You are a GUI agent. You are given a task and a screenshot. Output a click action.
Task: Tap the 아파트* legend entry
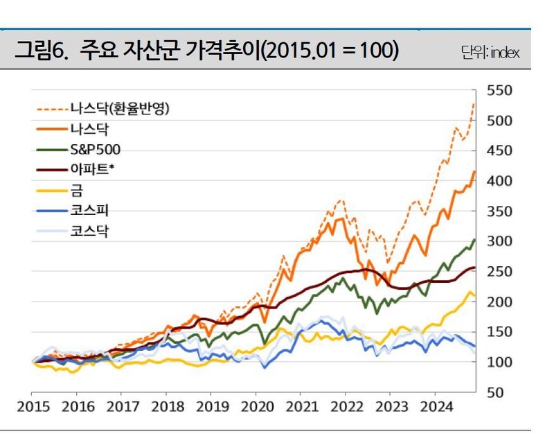pyautogui.click(x=92, y=169)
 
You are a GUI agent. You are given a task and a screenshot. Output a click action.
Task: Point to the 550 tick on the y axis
pyautogui.click(x=500, y=90)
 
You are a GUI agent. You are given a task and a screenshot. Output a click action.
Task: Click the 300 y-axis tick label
pyautogui.click(x=500, y=241)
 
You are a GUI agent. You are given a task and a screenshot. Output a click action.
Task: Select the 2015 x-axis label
pyautogui.click(x=33, y=406)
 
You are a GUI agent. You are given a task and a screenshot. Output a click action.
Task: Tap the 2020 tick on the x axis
pyautogui.click(x=256, y=406)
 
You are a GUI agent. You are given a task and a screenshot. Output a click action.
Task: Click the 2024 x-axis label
pyautogui.click(x=434, y=406)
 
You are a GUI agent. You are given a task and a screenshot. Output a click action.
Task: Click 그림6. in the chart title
pyautogui.click(x=41, y=51)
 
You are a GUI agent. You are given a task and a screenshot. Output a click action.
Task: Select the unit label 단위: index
pyautogui.click(x=490, y=53)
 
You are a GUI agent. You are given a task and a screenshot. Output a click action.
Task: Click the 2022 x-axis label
pyautogui.click(x=345, y=406)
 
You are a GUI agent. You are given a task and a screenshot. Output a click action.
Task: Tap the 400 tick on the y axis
pyautogui.click(x=500, y=181)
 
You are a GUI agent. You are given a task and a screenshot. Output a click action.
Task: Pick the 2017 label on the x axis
pyautogui.click(x=122, y=406)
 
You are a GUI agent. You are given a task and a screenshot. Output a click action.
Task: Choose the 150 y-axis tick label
pyautogui.click(x=500, y=332)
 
